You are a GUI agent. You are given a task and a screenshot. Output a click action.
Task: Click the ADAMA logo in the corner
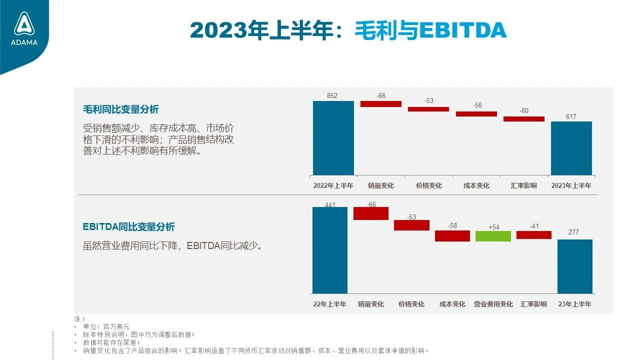[24, 29]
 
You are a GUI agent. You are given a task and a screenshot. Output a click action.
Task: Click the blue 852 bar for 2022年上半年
[333, 138]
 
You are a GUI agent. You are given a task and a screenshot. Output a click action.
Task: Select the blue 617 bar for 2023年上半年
[571, 148]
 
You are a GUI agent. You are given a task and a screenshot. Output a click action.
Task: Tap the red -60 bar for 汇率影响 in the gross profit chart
[523, 119]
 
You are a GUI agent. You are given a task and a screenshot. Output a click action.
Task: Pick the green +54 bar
[493, 236]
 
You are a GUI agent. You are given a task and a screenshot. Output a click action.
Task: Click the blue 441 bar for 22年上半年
[330, 250]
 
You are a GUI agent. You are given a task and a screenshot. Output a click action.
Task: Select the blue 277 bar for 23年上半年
[575, 266]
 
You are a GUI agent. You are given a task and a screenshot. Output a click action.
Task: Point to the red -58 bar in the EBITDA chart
[452, 236]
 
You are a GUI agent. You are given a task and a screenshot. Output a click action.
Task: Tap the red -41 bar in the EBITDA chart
[533, 235]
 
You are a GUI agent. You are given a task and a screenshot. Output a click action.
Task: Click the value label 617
[571, 116]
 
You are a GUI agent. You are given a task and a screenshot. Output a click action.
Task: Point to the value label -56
[477, 105]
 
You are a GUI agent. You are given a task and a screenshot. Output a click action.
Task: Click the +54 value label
[493, 227]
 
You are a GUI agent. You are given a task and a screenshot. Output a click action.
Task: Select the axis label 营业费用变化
[493, 304]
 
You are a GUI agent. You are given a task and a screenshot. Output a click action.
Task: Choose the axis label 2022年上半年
[333, 185]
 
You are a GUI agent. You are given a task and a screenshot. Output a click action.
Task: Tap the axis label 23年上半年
[575, 304]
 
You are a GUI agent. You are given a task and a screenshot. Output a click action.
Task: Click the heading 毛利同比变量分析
[121, 109]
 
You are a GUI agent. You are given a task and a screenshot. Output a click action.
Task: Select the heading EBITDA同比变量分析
[128, 227]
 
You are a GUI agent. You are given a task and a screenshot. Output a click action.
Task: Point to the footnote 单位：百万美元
[106, 326]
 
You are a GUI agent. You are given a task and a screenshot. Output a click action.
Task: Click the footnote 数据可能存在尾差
[111, 342]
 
